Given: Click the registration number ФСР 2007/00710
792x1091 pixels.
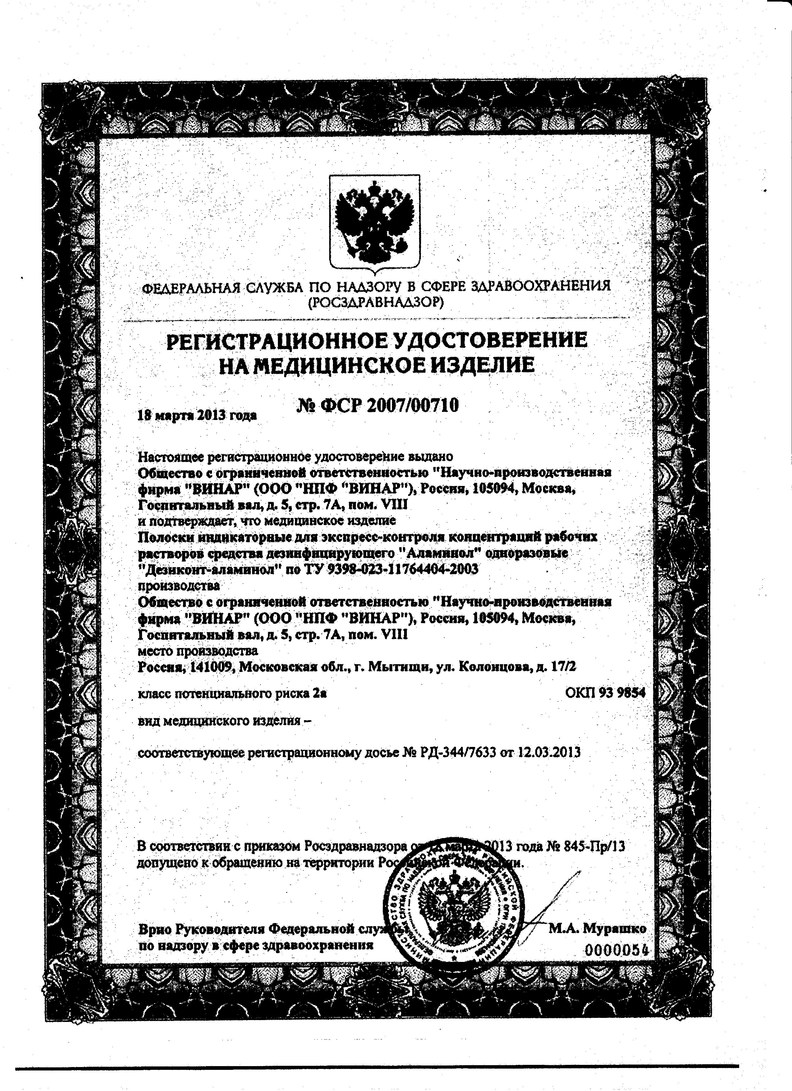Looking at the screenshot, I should tap(377, 406).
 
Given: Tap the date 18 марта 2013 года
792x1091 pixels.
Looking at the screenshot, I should tap(197, 415).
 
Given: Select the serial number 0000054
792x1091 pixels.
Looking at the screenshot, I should tap(617, 950).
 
